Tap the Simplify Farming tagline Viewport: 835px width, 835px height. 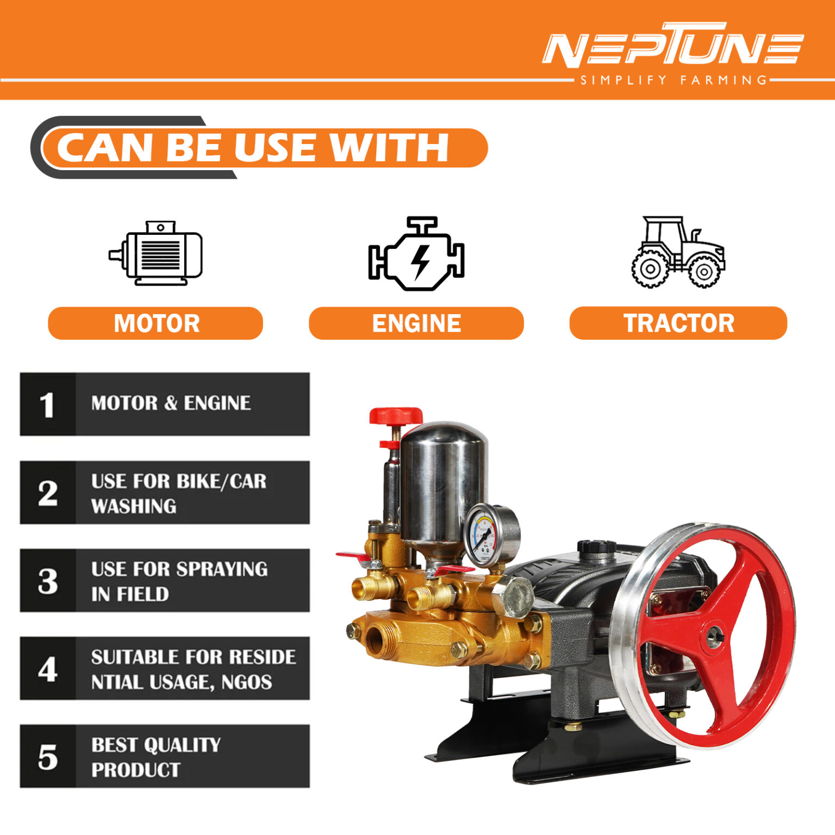coord(673,80)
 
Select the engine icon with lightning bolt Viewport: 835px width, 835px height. coord(416,254)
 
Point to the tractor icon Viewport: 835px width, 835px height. coord(677,252)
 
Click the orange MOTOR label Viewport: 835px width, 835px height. coord(155,323)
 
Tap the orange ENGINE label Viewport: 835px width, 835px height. coord(416,323)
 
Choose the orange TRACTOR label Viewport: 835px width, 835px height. coord(678,323)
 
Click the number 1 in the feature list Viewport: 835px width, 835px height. coord(47,405)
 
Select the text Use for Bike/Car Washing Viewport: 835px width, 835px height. coord(178,493)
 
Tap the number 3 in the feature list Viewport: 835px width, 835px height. coord(48,581)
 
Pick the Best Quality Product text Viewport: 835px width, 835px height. coord(155,757)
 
